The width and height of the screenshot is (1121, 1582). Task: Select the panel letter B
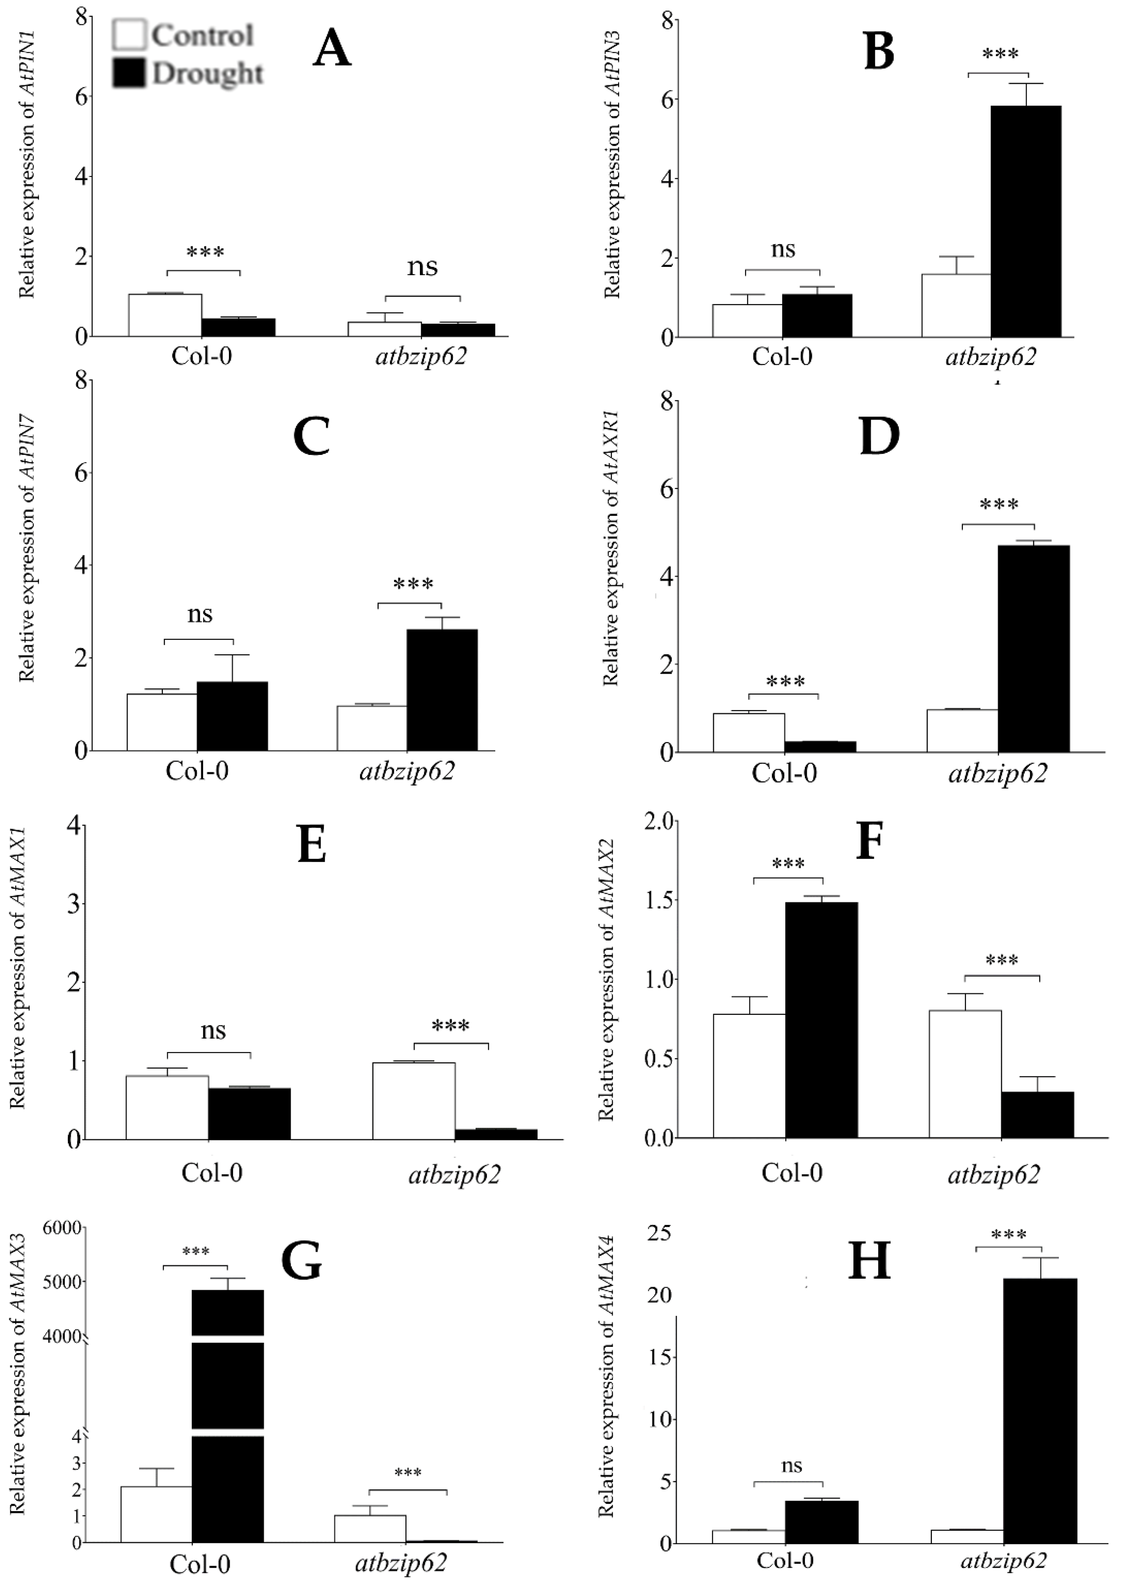pos(879,53)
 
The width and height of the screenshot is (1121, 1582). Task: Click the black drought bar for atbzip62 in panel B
pos(1026,221)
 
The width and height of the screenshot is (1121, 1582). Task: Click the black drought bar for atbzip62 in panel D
pos(1033,648)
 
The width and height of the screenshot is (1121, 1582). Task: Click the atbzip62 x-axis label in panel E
pos(454,1174)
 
